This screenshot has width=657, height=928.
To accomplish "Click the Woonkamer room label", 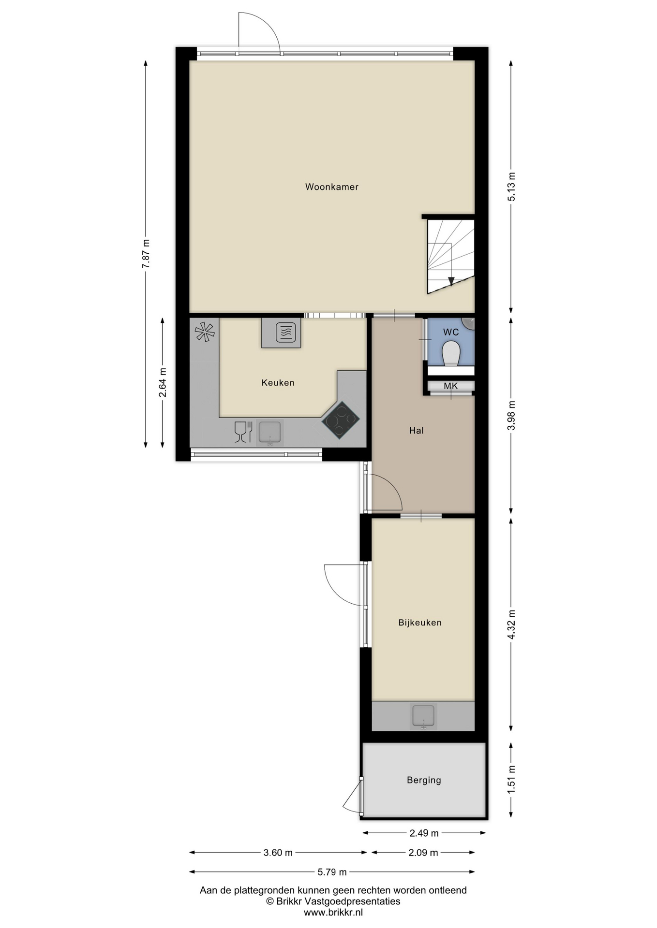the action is [331, 187].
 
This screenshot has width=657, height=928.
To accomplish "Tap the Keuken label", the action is [278, 382].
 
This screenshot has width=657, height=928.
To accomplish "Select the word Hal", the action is [416, 430].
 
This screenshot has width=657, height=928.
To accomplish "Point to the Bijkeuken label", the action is [419, 623].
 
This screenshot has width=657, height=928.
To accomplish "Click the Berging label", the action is [424, 780].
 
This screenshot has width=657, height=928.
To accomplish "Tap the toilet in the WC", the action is [451, 353].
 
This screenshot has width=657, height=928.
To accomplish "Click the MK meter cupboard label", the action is [450, 386].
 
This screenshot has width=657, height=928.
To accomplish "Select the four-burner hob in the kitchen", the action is [341, 420].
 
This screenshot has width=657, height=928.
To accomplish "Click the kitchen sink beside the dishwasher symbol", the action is [269, 432].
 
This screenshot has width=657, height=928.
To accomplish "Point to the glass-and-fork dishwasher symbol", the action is [243, 432].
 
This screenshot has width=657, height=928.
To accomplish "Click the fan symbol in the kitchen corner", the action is [204, 332].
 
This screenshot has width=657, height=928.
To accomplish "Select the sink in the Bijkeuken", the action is [423, 716].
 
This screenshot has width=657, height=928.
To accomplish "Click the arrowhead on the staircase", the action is [451, 281].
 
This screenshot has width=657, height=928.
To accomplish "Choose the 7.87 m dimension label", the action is [146, 254].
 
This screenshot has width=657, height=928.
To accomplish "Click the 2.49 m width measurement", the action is [424, 833].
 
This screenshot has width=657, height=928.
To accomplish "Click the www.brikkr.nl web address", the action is [333, 913].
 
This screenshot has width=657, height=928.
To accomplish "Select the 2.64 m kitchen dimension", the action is [163, 382].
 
